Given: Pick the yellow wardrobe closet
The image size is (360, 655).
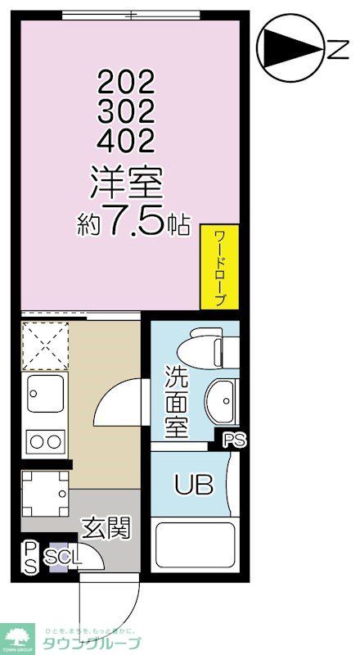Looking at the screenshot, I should pos(219,268).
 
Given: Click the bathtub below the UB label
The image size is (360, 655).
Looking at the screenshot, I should pos(195,544).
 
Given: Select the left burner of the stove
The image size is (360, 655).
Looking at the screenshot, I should pos(36,443).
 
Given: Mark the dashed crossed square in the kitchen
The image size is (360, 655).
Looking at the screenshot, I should pos(44,346).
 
